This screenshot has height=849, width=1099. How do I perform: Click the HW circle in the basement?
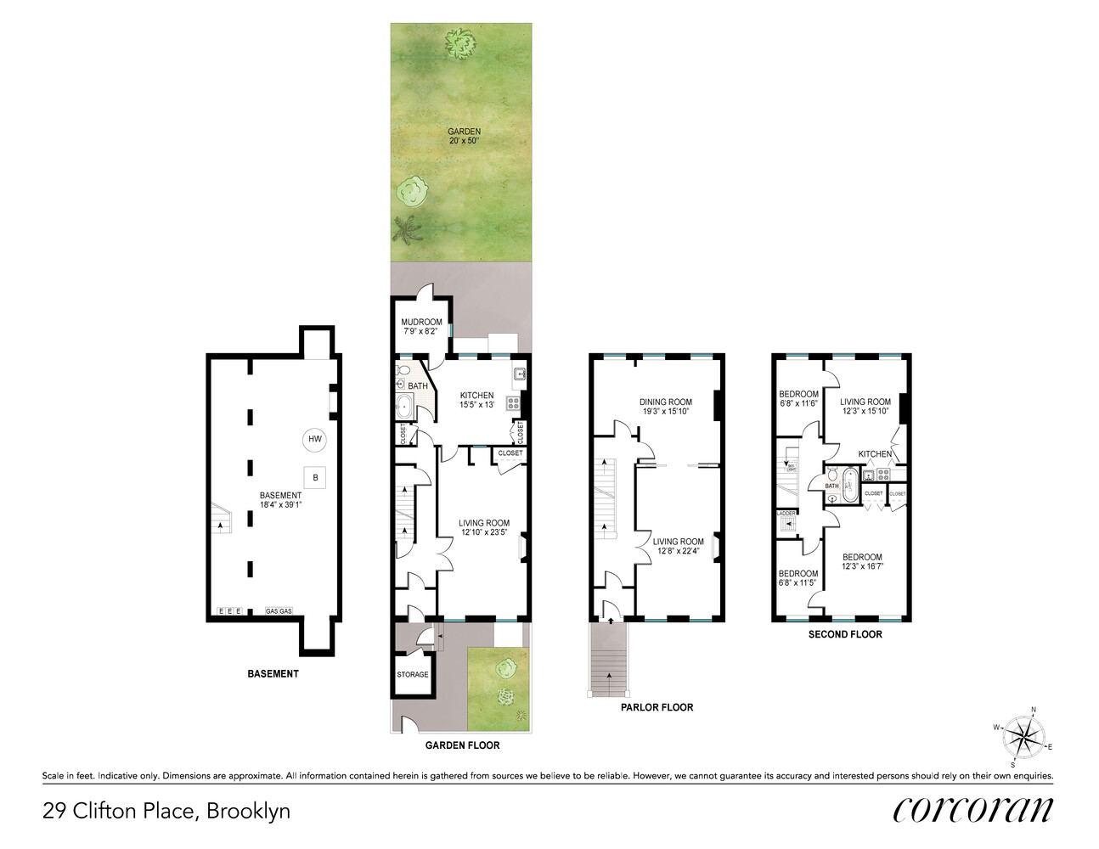315,439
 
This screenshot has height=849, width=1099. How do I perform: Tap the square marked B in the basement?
315,478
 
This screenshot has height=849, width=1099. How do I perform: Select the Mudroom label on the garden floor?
421,326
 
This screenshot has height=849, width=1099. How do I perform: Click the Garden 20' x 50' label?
464,136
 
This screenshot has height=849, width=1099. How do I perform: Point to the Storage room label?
413,675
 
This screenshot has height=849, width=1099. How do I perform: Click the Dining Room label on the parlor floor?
666,407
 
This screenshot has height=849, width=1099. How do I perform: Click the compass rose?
1024,736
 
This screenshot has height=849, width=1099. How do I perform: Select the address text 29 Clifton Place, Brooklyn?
166,811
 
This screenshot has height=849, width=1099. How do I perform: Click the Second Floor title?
844,634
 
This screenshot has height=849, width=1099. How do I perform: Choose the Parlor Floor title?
657,707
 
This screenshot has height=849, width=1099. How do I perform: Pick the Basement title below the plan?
273,674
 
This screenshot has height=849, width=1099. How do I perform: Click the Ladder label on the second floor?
786,514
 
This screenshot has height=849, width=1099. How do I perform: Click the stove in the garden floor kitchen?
513,403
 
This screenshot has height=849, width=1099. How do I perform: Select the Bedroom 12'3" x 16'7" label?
862,561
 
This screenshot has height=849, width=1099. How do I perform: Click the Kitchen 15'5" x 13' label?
476,400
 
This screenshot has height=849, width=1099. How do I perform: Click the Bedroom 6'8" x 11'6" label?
798,398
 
